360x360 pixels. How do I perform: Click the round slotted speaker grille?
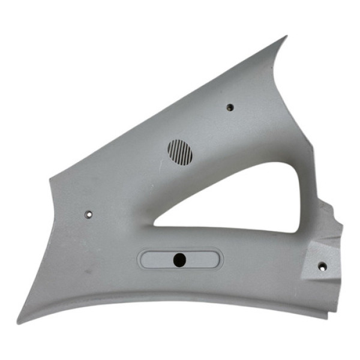coord(180,152)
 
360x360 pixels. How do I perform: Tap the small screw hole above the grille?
coord(229,107)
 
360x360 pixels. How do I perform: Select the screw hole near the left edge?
coord(89,214)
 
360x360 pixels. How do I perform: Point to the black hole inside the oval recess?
coord(179,259)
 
